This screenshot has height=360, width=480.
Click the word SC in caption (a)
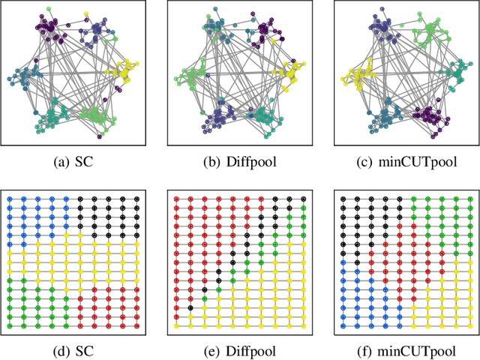pyautogui.click(x=85, y=162)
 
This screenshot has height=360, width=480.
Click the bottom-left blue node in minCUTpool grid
pyautogui.click(x=343, y=327)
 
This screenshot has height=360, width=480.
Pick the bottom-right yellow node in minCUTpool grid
pyautogui.click(x=470, y=327)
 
